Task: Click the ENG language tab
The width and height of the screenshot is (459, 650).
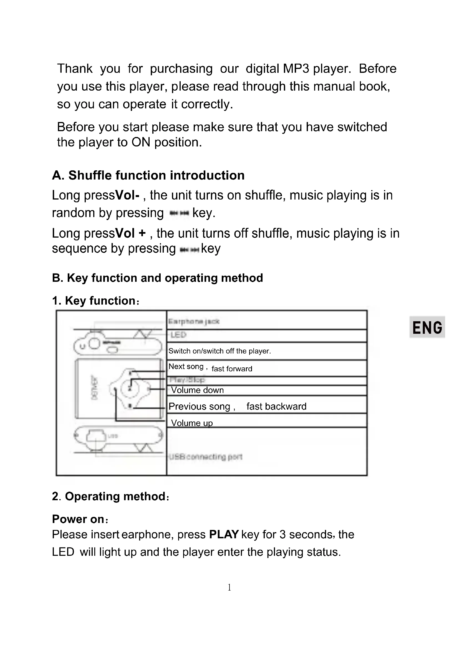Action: (427, 327)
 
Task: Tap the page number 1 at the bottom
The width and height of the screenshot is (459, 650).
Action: (229, 587)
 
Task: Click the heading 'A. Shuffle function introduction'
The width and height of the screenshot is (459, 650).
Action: (148, 176)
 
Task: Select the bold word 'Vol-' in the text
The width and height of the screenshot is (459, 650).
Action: (127, 195)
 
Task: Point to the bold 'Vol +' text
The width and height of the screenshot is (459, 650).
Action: (131, 233)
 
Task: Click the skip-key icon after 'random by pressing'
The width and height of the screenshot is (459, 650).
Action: (179, 213)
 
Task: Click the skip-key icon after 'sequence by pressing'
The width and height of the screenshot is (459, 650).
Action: (189, 249)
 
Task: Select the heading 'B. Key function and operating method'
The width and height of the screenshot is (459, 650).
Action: (157, 278)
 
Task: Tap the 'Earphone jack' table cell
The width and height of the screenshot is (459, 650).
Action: (194, 321)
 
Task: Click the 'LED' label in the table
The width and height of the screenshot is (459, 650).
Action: (178, 335)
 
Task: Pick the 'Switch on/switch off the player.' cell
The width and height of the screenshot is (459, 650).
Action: (220, 351)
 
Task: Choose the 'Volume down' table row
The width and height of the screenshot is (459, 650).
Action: (197, 390)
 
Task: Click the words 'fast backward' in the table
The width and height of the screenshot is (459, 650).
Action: (276, 407)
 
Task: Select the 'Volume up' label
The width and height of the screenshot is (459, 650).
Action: (192, 423)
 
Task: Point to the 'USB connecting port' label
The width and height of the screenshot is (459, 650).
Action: (205, 457)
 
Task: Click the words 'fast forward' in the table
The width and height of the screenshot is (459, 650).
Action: (232, 368)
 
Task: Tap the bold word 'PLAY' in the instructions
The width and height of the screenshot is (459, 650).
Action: (224, 534)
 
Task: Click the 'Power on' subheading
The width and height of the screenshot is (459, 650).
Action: (78, 519)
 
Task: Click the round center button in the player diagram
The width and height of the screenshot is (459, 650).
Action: (130, 388)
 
